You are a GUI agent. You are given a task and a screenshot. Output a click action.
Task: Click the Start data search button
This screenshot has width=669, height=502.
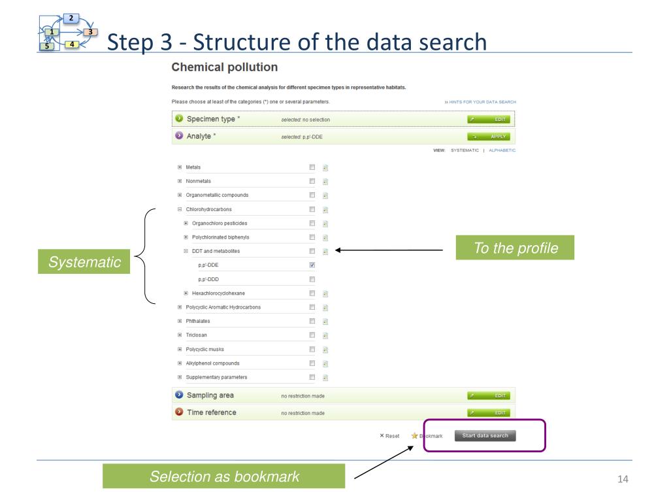click(x=485, y=436)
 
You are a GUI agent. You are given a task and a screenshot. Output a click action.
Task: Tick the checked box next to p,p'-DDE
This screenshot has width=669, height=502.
click(x=312, y=265)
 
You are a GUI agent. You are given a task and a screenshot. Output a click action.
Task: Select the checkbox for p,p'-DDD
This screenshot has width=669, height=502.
click(x=312, y=279)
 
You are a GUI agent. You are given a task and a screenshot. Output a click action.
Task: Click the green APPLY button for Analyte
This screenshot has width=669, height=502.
click(x=488, y=137)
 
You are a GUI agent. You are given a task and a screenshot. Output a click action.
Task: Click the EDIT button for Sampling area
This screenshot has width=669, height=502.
click(x=488, y=395)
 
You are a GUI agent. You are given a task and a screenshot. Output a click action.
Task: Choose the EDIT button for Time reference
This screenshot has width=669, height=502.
click(x=488, y=412)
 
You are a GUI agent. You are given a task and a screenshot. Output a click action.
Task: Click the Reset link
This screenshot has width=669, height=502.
click(x=389, y=436)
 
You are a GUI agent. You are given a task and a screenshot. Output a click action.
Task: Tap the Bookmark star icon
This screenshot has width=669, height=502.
click(x=414, y=436)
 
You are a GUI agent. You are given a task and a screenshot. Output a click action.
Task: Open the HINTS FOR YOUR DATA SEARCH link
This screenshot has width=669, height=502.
click(x=480, y=102)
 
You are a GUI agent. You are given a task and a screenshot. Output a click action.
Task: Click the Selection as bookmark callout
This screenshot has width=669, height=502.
click(x=224, y=477)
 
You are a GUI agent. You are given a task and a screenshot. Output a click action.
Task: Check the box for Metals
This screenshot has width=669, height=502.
click(x=312, y=167)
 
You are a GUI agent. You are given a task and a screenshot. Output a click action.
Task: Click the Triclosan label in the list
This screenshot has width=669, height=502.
click(x=198, y=335)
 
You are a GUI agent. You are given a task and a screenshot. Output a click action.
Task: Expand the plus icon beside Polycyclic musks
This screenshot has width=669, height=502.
click(x=180, y=349)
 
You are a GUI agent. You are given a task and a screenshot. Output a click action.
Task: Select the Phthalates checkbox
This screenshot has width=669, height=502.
click(x=312, y=321)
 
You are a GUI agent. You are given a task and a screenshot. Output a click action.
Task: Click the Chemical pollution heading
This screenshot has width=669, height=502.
click(x=224, y=67)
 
